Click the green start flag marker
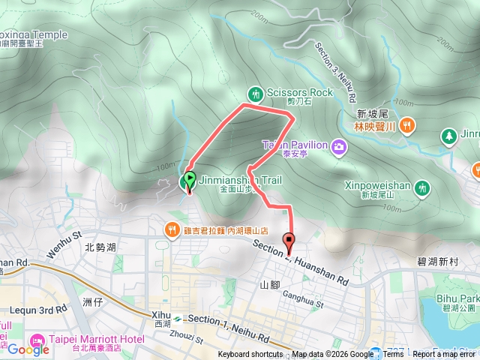(x=189, y=180)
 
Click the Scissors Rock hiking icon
(x=256, y=94)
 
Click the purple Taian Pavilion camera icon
(x=339, y=145)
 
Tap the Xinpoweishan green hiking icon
(x=422, y=185)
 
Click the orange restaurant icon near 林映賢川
(x=406, y=124)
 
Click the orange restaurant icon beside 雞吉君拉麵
(x=172, y=229)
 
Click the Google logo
(x=28, y=349)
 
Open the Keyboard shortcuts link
(x=250, y=355)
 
